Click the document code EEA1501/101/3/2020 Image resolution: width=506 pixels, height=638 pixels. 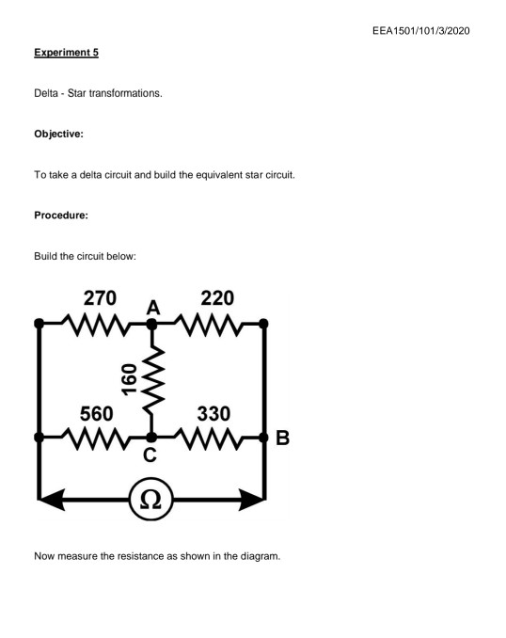tap(419, 33)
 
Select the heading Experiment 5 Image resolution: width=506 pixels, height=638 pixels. tap(66, 54)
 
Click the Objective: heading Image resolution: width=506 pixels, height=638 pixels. tap(58, 135)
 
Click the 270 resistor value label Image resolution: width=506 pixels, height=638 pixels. tap(101, 300)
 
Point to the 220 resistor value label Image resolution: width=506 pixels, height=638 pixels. tap(217, 300)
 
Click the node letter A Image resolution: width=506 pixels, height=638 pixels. tap(153, 308)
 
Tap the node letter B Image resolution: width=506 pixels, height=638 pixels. tap(284, 439)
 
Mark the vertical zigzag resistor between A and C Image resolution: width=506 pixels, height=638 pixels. tap(151, 380)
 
